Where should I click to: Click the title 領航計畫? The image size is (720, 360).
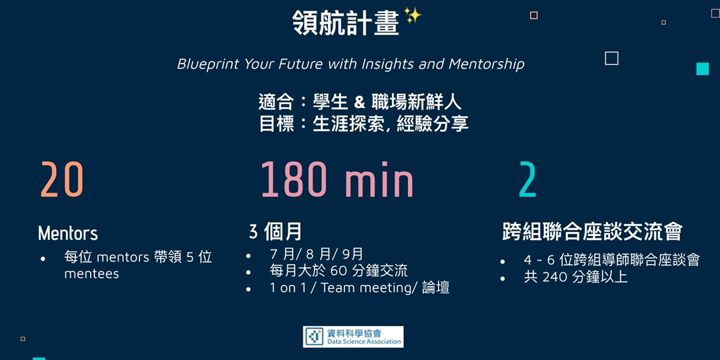coord(346,23)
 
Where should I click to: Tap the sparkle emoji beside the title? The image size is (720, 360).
coord(413,16)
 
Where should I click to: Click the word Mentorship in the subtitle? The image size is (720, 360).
coord(486,64)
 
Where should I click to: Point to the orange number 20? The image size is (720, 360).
coord(62,179)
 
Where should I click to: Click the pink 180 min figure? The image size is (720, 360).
coord(337,179)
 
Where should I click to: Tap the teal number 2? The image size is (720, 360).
coord(527,179)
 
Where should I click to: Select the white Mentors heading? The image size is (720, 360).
coord(68,233)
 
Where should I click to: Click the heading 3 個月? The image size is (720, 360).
coord(275,233)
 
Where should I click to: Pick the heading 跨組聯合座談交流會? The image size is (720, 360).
coord(592,233)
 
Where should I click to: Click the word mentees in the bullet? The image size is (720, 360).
coord(91,274)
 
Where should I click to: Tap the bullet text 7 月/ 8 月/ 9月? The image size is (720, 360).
coord(317,255)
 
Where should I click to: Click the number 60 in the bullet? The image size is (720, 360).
coord(338,271)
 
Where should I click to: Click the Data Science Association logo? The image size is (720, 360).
coord(353,337)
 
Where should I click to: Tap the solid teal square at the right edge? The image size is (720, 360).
coord(703,69)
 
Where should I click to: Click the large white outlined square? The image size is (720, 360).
coord(611,58)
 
